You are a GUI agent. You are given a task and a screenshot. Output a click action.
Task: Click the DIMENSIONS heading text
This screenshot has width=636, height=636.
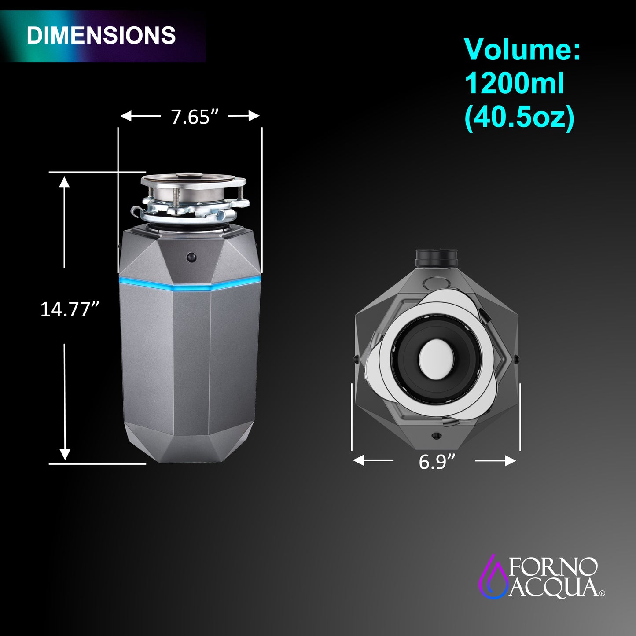(101, 35)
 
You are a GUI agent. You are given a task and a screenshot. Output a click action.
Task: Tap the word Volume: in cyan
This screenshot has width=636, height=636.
(522, 49)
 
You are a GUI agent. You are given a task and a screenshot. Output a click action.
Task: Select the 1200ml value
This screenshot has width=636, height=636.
(514, 83)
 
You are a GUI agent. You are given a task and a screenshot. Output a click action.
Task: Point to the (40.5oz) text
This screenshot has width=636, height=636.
(519, 118)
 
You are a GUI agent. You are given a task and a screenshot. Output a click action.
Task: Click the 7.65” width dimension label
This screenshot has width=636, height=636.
(195, 117)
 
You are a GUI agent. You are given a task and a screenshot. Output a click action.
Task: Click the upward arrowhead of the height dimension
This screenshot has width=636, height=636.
(65, 181)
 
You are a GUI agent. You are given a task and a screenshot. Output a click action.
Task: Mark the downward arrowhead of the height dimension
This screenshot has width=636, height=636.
(65, 454)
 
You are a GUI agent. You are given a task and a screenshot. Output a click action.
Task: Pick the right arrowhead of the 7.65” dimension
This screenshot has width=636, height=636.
(254, 116)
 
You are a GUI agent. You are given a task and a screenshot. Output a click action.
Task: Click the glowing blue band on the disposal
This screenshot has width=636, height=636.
(190, 285)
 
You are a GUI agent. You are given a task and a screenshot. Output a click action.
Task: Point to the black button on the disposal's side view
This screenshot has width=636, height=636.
(191, 257)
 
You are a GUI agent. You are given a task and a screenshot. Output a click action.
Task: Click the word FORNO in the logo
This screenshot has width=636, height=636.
(553, 567)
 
